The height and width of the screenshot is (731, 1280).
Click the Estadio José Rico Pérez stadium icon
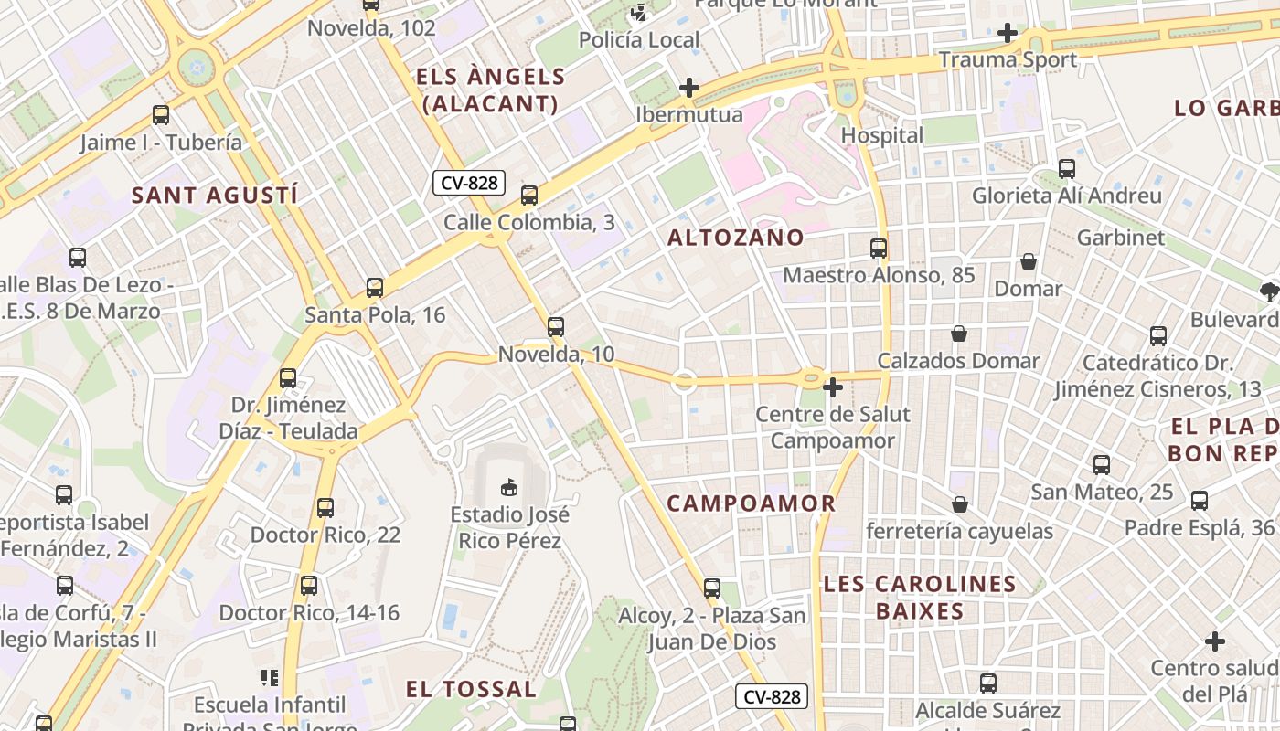509,488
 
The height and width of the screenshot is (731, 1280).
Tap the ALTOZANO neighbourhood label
736,238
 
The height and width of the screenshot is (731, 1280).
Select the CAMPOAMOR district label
751,503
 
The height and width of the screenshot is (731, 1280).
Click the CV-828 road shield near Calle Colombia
469,183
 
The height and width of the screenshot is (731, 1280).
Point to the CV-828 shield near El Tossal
772,697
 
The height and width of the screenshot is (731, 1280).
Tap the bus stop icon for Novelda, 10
556,327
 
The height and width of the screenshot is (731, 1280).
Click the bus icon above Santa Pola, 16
375,288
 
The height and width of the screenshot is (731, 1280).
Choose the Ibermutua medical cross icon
689,88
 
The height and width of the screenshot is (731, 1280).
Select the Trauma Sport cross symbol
1007,33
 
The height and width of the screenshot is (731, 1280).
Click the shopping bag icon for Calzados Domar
959,334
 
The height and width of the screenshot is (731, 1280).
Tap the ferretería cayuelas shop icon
960,504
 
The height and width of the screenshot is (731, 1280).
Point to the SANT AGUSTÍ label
215,195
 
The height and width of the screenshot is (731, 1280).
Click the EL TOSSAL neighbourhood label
471,689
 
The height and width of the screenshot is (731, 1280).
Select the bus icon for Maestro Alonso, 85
879,248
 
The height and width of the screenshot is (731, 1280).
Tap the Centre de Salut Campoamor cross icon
832,387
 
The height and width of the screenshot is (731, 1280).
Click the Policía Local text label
639,40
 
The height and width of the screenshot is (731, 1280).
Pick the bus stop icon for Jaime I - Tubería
161,115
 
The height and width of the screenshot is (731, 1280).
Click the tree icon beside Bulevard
1268,292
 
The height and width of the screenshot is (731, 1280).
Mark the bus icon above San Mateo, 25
1102,465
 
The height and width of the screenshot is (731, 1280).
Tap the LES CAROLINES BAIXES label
920,597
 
